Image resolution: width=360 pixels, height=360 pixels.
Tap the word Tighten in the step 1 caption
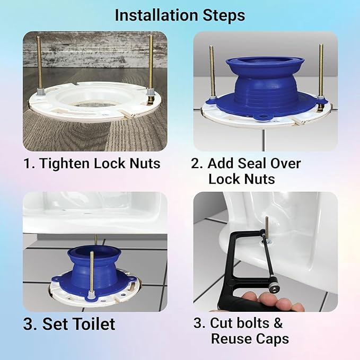[x=63, y=163]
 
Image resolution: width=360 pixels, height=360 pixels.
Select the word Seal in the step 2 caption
[x=253, y=163]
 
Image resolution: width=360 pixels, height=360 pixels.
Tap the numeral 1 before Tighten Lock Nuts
[x=27, y=163]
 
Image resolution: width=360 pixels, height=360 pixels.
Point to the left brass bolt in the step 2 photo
[x=212, y=69]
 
